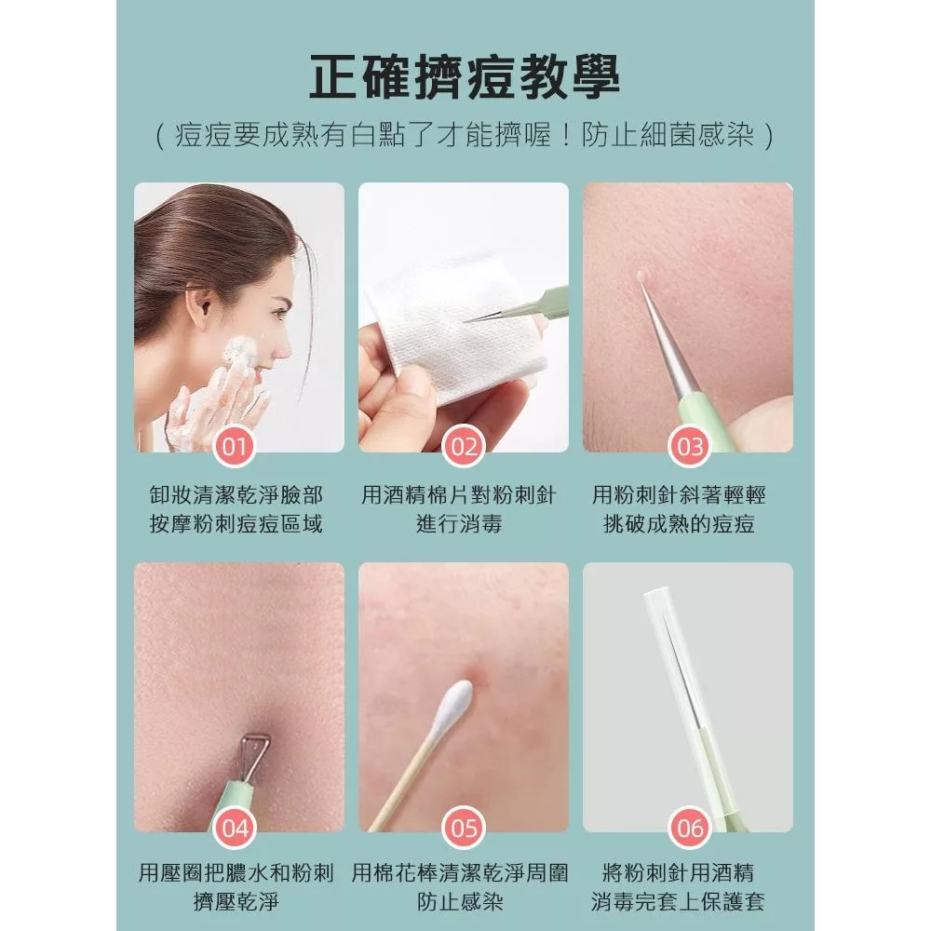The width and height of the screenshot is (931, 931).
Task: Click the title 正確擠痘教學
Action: click(x=465, y=77)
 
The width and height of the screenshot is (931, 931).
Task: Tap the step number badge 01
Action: click(x=235, y=447)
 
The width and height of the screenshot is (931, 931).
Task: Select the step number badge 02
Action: click(x=464, y=447)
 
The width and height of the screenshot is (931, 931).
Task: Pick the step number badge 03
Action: click(x=689, y=447)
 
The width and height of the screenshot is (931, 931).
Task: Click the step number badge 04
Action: click(x=235, y=828)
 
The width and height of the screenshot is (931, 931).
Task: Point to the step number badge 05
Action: click(x=464, y=828)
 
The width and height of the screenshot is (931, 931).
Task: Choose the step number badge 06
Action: click(x=689, y=828)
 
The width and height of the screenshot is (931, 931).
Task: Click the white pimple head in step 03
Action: click(x=641, y=277)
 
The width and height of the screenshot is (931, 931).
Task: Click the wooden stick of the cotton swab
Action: click(x=404, y=783)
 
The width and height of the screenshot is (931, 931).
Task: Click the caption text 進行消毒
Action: click(x=459, y=524)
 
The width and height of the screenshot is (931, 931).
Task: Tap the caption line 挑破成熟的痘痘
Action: click(x=679, y=524)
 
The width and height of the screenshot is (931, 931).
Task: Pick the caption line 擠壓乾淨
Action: click(x=236, y=902)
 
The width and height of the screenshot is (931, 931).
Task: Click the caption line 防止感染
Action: click(x=459, y=902)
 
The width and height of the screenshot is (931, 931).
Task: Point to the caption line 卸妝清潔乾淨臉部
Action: click(x=236, y=495)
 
